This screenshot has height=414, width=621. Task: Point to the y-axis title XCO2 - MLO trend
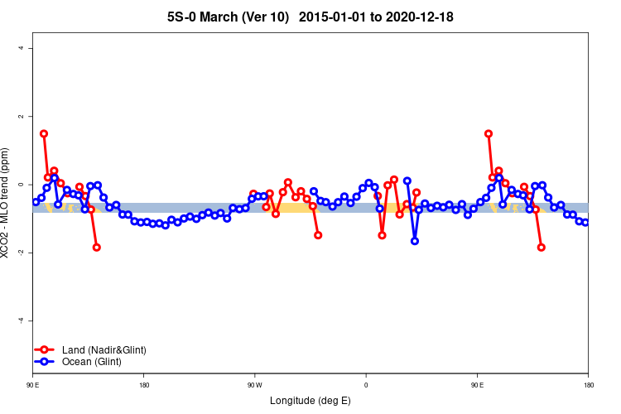coord(7,203)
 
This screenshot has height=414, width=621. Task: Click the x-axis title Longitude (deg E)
coord(310,401)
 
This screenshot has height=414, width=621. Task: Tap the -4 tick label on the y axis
coord(21,320)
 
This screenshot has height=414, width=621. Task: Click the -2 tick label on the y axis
coord(21,253)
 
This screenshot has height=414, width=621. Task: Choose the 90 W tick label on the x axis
coord(254,385)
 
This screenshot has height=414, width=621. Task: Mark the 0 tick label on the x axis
coord(366,385)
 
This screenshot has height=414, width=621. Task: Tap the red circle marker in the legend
coord(46,350)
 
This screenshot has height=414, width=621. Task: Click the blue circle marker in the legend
coord(46,362)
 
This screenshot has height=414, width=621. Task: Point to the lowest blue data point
coord(414,241)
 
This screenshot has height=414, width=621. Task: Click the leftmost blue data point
coord(36,202)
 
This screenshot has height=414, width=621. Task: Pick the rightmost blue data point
coord(585,223)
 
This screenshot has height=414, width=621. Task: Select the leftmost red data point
coord(44,133)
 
